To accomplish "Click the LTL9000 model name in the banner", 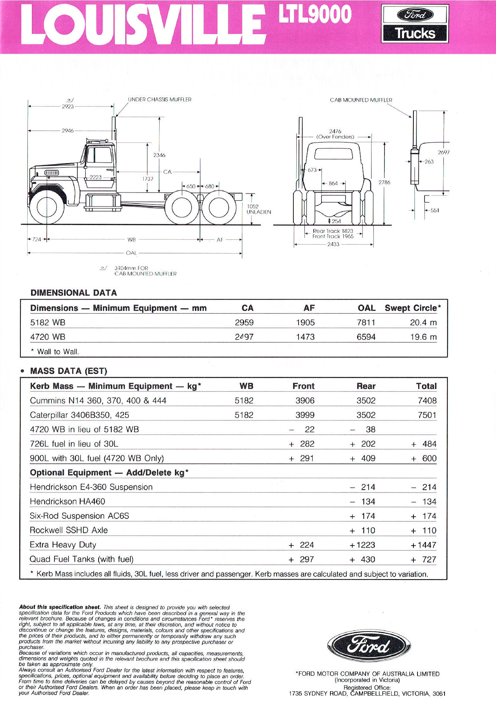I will coord(314,15).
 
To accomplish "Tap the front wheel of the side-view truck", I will coord(47,206).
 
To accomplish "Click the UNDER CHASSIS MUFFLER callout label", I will coord(160,100).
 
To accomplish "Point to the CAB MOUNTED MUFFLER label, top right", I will coord(361,100).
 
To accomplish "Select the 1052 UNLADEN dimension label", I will coord(258,209).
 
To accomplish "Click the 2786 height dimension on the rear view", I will coord(384,182).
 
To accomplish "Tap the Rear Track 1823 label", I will coord(333,231).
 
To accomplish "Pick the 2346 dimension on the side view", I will coord(159,155).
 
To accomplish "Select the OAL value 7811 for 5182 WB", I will coord(366,322).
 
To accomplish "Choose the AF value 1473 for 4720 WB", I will coord(305,337).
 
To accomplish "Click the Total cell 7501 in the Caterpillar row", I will coord(427,415).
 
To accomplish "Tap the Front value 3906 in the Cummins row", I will coord(305,400).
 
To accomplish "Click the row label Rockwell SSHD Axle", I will coord(69,530).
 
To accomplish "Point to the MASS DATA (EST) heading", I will coord(69,371).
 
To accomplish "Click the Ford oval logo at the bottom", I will coord(369,646).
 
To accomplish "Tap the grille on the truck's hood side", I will coord(52,173).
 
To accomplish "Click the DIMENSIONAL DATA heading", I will coord(74,293).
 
